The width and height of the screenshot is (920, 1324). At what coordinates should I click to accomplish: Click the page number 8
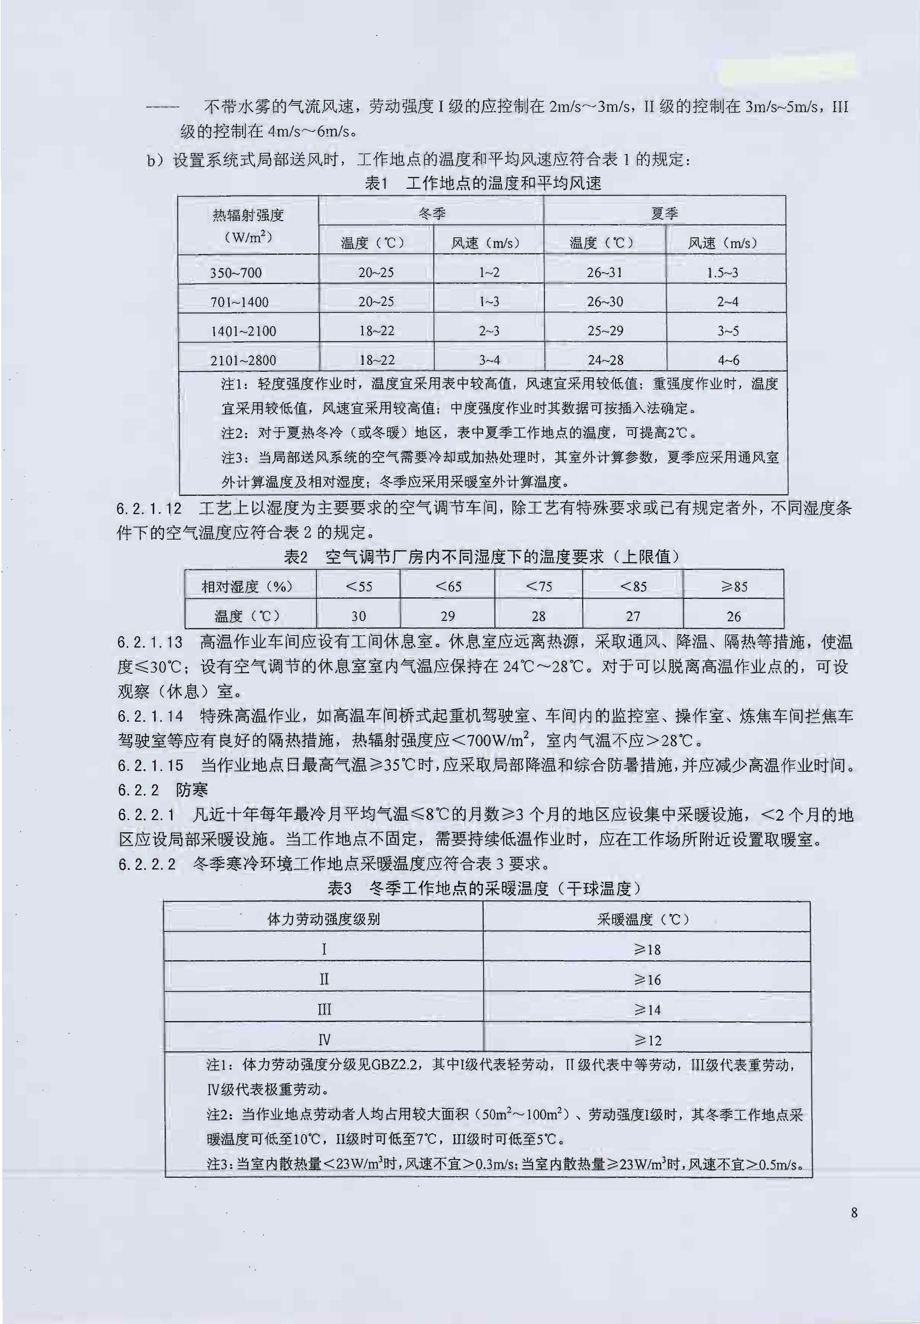854,1213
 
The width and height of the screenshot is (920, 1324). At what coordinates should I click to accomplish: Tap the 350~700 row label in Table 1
236,273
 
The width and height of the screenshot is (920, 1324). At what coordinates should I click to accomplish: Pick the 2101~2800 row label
243,360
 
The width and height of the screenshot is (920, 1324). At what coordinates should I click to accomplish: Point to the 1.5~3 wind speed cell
722,273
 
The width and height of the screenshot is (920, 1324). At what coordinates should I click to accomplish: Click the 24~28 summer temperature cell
605,360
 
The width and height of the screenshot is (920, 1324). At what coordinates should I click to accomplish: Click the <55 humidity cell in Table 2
359,586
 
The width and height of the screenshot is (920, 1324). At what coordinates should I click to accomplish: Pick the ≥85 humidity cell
734,586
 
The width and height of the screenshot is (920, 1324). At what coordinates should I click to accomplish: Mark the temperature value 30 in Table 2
359,616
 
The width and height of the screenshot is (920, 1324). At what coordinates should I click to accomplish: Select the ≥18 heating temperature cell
647,949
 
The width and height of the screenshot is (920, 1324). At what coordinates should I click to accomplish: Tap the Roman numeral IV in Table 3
324,1040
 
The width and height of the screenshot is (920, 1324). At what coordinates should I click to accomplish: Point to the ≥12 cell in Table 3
647,1040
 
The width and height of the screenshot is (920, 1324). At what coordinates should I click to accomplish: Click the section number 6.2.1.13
150,642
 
